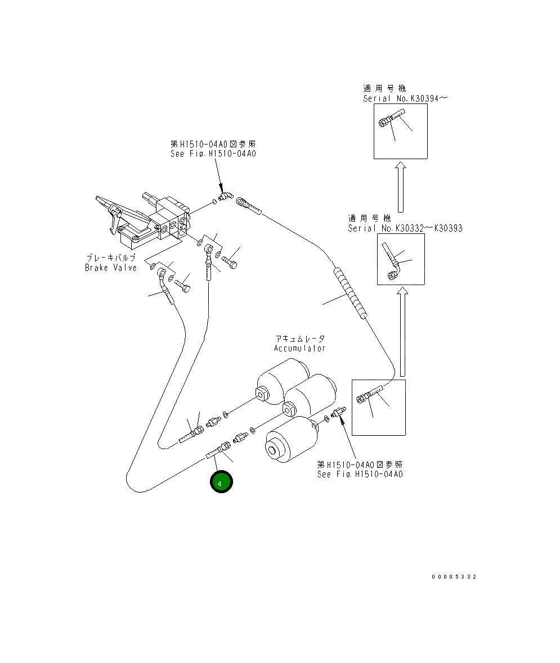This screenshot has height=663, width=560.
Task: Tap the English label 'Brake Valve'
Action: tap(111, 268)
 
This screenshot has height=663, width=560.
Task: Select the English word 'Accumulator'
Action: tap(299, 348)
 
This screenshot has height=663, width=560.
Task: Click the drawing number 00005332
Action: tap(454, 577)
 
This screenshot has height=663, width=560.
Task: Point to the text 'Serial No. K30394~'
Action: tap(405, 98)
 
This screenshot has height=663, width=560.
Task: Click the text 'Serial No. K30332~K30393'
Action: tap(405, 228)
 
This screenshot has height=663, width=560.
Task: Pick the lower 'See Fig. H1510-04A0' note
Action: tap(360, 474)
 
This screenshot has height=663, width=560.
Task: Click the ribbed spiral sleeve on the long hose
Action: tap(350, 292)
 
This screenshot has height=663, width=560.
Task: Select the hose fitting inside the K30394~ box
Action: tap(390, 120)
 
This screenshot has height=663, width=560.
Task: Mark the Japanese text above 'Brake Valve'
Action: tap(111, 257)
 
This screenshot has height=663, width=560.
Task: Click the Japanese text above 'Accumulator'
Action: tap(299, 339)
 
